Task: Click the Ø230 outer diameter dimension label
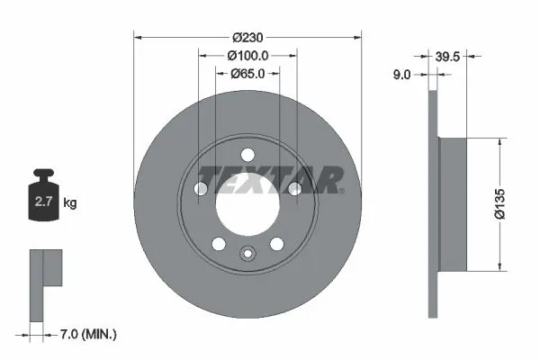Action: (247, 37)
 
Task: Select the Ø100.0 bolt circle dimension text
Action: (247, 56)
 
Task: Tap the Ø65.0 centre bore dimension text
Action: (247, 75)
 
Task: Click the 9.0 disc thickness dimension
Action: (401, 76)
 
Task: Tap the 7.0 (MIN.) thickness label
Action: (86, 335)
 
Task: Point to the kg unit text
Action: (70, 203)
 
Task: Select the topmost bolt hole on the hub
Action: (247, 151)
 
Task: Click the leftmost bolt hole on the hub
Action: (201, 187)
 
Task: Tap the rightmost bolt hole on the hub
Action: (294, 187)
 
